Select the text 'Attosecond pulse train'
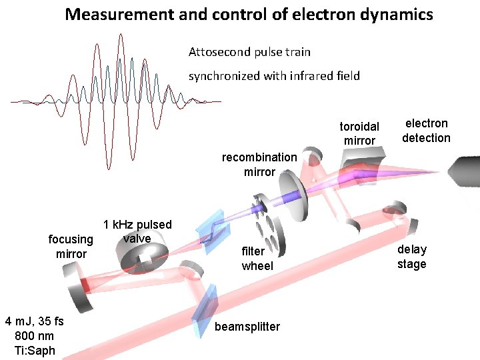coord(249,51)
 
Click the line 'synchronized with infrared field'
coord(274,75)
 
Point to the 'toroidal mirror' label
coord(359,133)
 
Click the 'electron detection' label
coord(426,131)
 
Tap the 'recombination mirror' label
coord(259,165)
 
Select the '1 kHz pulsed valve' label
coord(137,231)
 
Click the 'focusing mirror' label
coord(71,246)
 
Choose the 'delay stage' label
coord(412,257)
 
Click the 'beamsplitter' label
coord(247,327)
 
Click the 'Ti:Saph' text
coord(35,351)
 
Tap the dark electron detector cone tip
coord(465,171)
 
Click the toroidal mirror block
coord(361,163)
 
